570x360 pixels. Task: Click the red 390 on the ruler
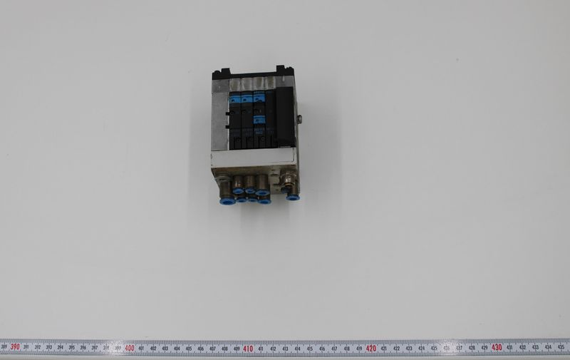(15, 347)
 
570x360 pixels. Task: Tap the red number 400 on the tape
(129, 348)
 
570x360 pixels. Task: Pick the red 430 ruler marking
(496, 347)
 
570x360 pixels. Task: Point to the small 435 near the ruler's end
(559, 347)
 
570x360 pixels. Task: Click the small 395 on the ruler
(72, 348)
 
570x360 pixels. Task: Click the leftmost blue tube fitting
(226, 201)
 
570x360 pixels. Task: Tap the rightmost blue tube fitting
(292, 196)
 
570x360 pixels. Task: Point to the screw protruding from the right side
(299, 118)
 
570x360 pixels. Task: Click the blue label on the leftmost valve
(234, 101)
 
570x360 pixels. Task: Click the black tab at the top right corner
(282, 70)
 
